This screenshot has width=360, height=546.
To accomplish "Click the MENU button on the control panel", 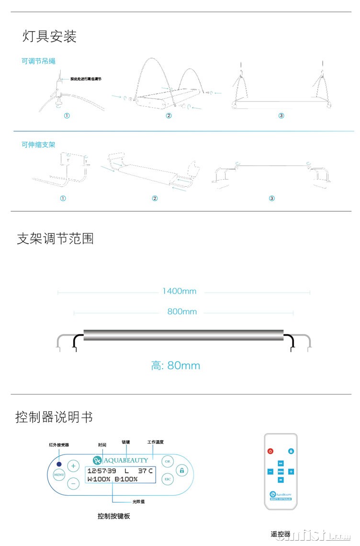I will point(59,475).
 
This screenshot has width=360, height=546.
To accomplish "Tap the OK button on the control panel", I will point(167,462).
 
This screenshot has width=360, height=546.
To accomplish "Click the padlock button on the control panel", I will point(182,470).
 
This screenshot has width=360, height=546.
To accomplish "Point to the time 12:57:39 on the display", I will point(101,471).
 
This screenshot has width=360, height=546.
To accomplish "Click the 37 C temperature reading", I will point(146,471).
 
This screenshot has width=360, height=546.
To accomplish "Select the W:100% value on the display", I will point(99,479).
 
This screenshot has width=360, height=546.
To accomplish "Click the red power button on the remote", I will point(270,451).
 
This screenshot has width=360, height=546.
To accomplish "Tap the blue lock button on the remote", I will point(291,451).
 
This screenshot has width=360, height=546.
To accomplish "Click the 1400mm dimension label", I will point(179,291).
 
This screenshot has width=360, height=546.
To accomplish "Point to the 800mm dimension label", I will point(182,312).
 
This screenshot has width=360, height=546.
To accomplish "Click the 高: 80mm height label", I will point(176,366).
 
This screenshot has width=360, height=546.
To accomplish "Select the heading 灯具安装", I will point(49,36).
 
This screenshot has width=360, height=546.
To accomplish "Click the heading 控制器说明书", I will point(54,417).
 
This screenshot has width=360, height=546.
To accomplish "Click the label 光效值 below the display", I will point(139,502).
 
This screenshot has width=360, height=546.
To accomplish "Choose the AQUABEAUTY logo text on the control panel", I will point(119,460).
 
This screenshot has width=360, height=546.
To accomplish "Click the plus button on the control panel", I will point(73,466).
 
